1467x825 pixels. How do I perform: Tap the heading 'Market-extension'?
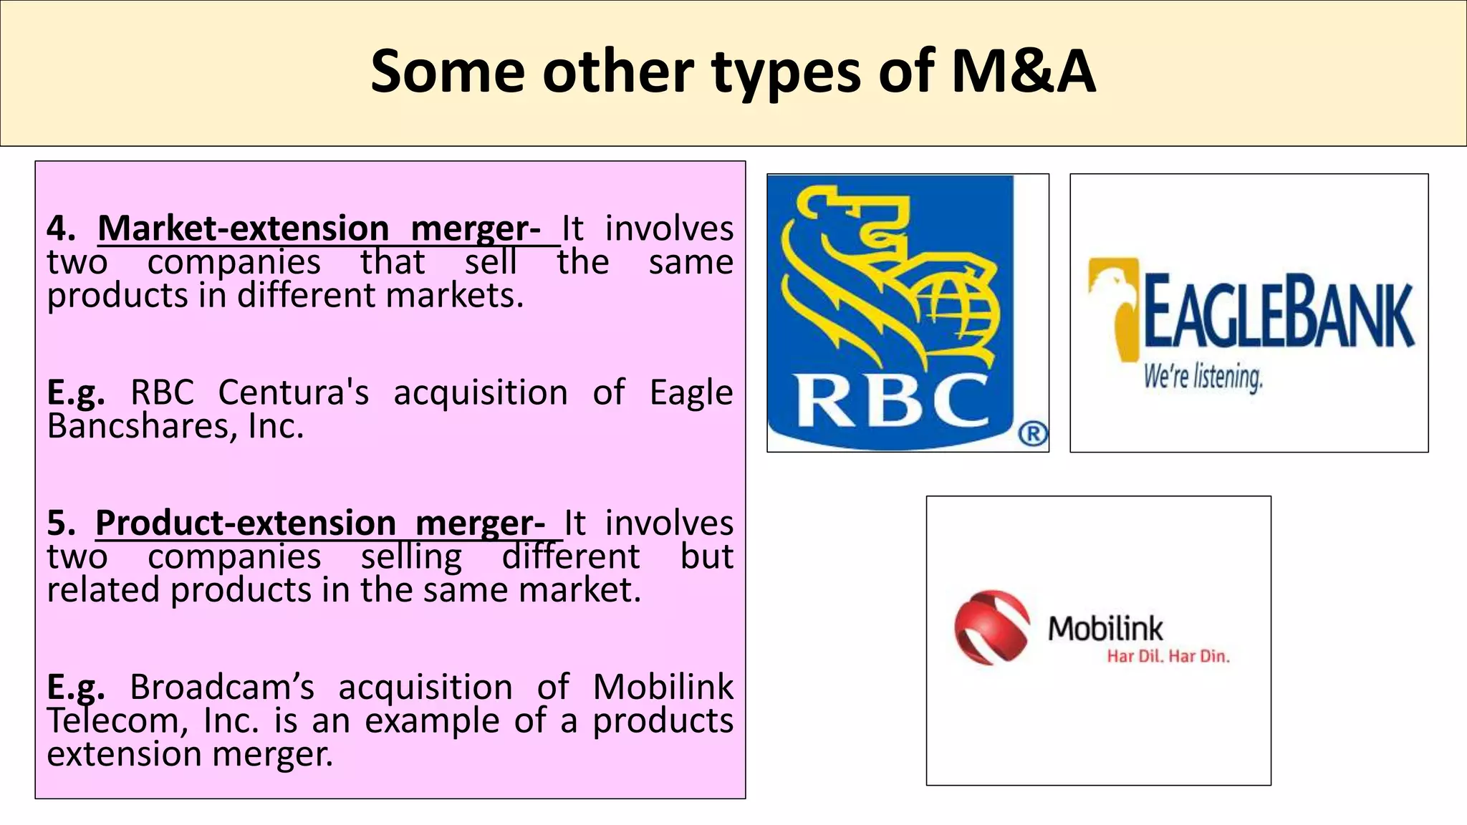point(244,228)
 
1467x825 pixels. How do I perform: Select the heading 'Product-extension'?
point(245,523)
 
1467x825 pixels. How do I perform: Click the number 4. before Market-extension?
point(62,229)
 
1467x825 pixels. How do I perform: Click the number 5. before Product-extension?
point(62,524)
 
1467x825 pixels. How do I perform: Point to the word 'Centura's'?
point(294,392)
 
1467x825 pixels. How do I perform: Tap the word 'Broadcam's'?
point(222,687)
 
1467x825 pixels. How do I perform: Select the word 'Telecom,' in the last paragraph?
point(117,720)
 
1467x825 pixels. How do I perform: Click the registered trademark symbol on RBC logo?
point(1032,434)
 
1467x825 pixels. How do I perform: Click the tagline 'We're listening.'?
point(1203,377)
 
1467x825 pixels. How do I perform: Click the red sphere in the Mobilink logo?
point(991,628)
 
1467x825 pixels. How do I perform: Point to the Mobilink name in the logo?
point(1105,628)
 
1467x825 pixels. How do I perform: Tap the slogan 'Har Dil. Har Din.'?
point(1168,656)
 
